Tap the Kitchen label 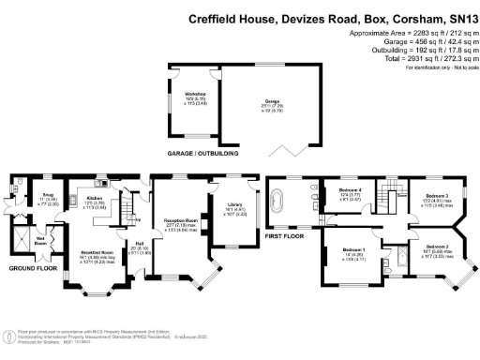(94, 199)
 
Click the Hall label (132, 248)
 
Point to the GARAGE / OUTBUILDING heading (202, 153)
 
